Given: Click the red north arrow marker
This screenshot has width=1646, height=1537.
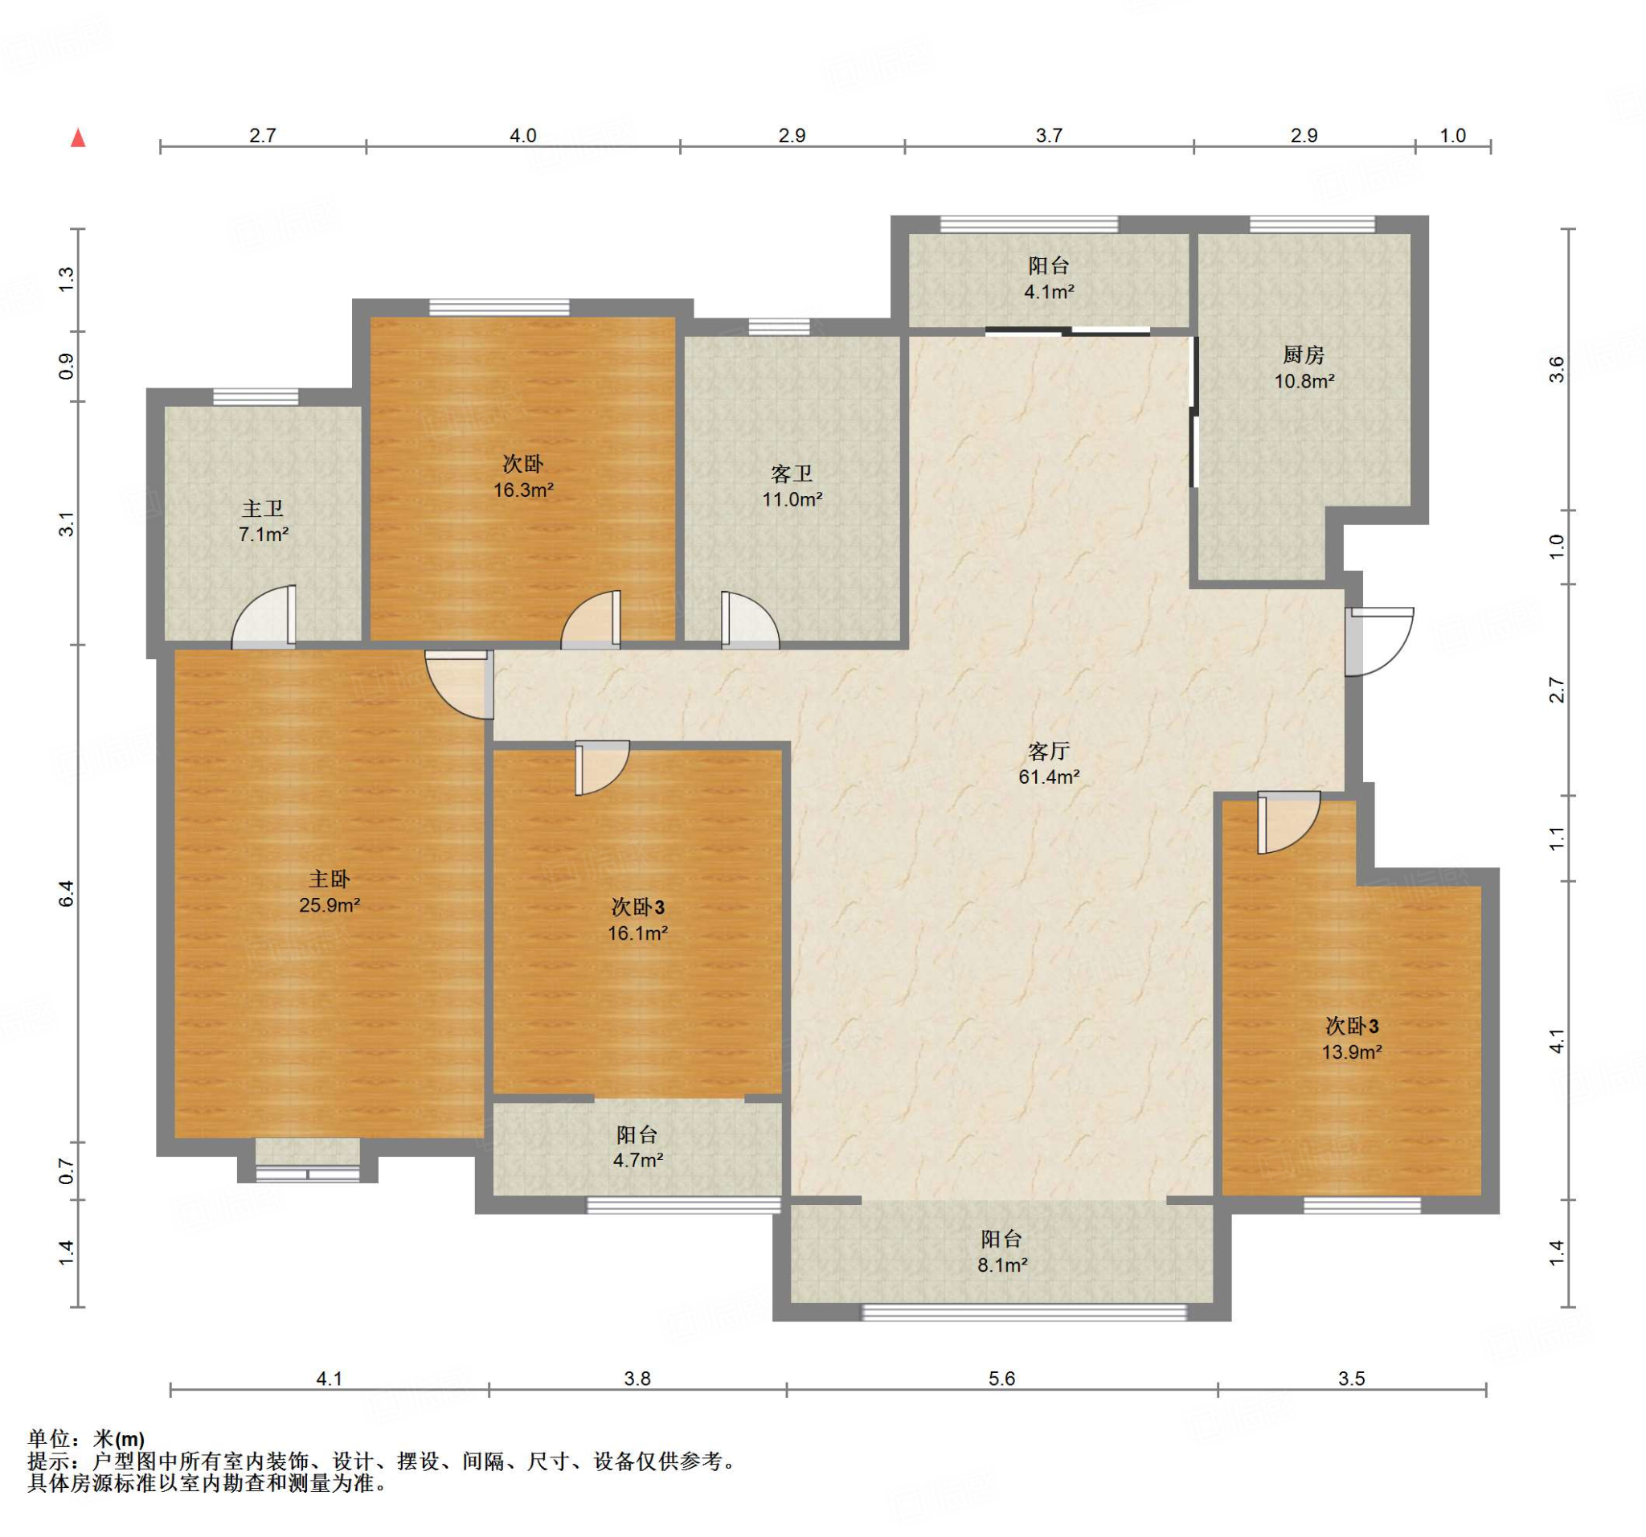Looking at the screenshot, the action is (x=79, y=137).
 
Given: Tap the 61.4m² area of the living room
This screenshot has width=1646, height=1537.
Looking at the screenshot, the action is (x=1049, y=777).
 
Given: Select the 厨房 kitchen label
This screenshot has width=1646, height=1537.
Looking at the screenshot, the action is (x=1304, y=355).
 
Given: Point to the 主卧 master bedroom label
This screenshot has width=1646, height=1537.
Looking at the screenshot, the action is (x=330, y=879).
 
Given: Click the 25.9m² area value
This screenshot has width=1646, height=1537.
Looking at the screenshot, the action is (x=330, y=905).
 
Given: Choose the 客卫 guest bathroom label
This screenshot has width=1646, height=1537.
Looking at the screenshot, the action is (x=792, y=473).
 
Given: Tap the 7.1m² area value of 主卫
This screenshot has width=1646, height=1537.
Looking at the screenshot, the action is (x=264, y=535).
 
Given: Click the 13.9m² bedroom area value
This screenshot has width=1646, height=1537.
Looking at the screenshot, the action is (x=1352, y=1052).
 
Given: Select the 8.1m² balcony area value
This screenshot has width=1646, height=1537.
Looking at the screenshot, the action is (x=1002, y=1265).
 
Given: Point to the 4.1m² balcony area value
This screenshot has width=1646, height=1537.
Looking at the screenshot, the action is (x=1049, y=292).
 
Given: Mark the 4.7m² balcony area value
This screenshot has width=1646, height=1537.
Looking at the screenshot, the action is (x=637, y=1160).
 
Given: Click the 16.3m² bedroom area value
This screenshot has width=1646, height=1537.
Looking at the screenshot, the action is (x=523, y=490).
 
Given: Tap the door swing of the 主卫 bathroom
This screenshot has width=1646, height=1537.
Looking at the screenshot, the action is (x=264, y=615).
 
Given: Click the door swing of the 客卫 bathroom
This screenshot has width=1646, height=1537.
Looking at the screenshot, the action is (x=750, y=618).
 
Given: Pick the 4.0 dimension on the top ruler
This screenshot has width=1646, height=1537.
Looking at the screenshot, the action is (x=523, y=135).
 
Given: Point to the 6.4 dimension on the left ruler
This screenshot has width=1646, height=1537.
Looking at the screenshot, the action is (x=66, y=894).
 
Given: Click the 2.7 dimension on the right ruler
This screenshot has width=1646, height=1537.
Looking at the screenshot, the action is (x=1558, y=690).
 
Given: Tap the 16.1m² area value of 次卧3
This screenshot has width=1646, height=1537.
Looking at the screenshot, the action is (x=637, y=933).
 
